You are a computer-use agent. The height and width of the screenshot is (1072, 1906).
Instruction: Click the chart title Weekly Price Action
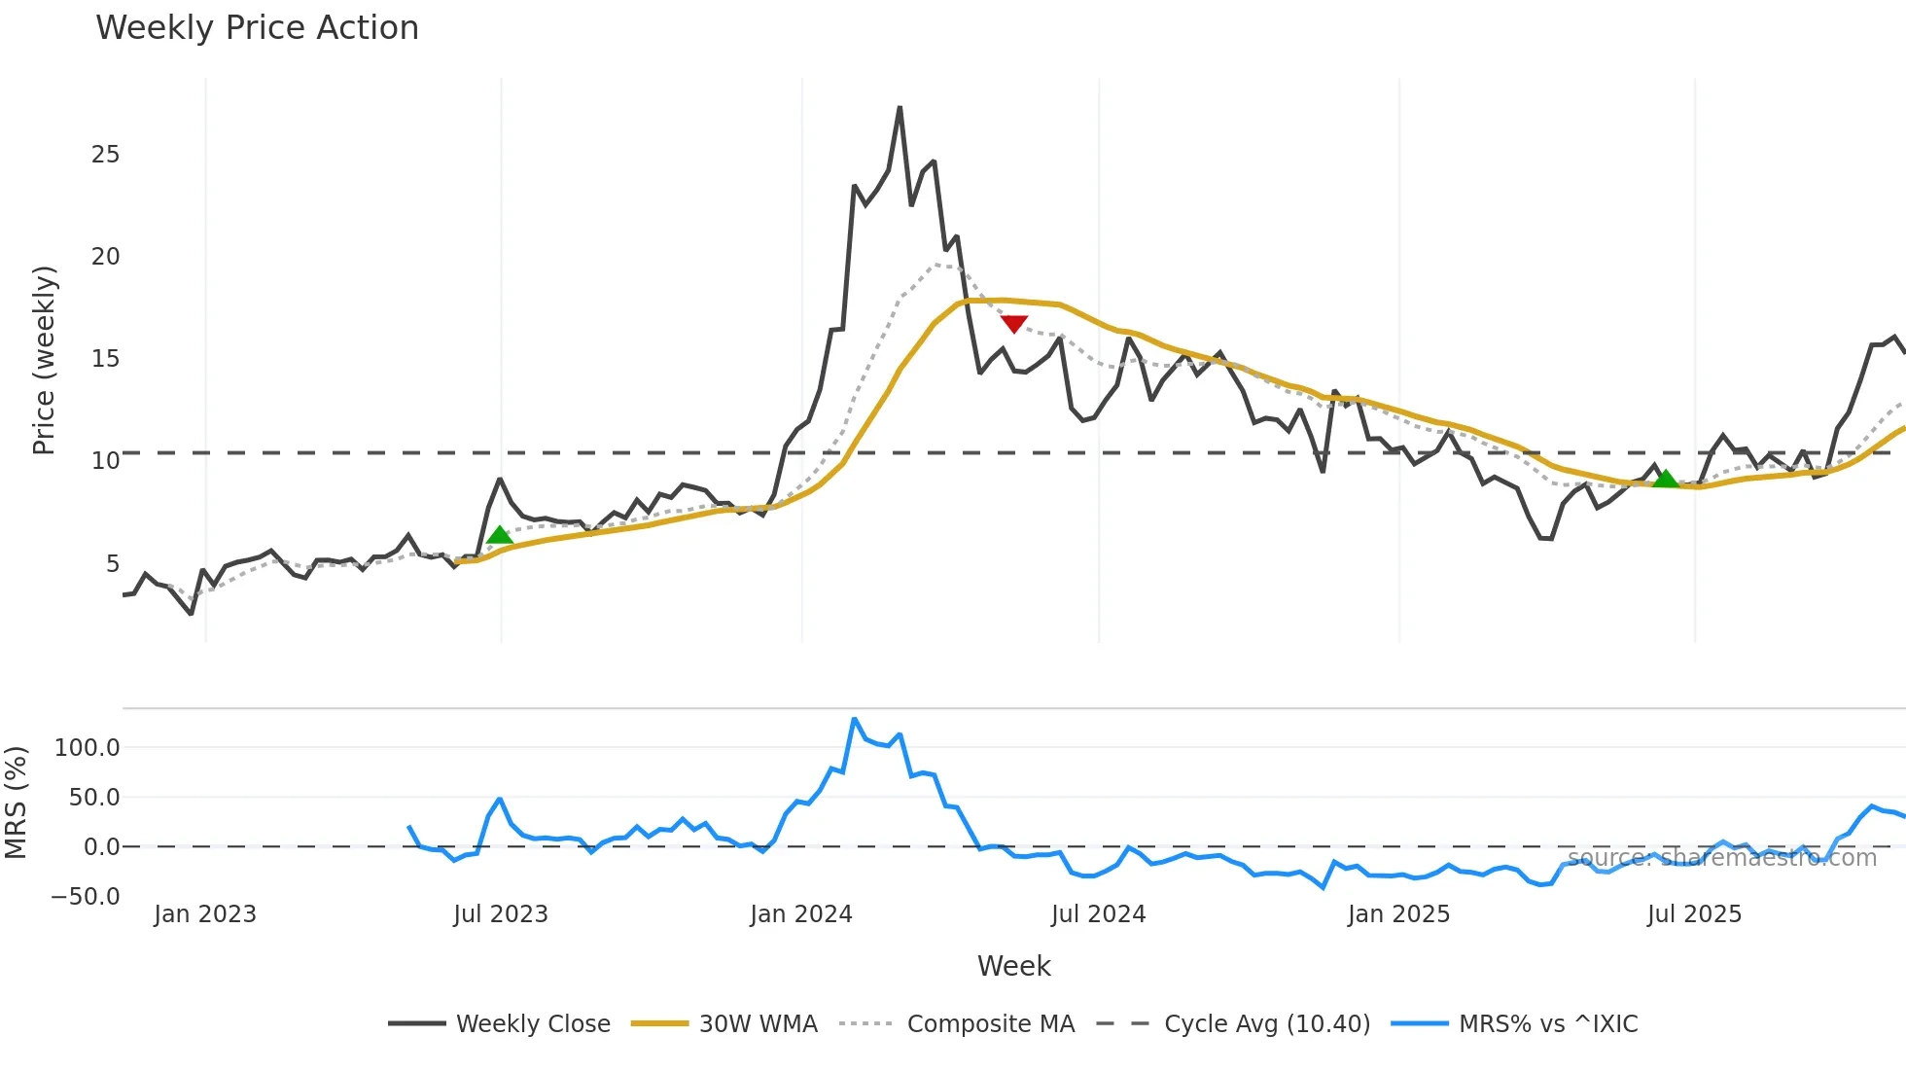pyautogui.click(x=257, y=28)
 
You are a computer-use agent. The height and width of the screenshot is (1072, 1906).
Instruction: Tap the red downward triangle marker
pyautogui.click(x=1013, y=324)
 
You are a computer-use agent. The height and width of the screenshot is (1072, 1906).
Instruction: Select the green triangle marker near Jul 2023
pyautogui.click(x=499, y=535)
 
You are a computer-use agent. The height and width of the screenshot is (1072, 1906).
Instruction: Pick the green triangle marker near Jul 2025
pyautogui.click(x=1666, y=479)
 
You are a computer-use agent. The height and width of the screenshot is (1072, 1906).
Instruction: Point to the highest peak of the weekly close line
pyautogui.click(x=900, y=108)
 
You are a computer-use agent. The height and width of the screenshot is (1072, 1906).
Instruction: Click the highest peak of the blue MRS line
pyautogui.click(x=854, y=720)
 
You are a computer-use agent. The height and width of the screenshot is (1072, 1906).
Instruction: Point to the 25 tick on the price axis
pyautogui.click(x=105, y=155)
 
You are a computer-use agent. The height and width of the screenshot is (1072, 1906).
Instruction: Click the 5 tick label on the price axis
pyautogui.click(x=113, y=564)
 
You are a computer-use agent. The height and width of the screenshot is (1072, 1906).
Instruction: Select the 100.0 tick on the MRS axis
pyautogui.click(x=87, y=748)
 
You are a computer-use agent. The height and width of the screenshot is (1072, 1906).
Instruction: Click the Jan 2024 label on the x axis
pyautogui.click(x=801, y=914)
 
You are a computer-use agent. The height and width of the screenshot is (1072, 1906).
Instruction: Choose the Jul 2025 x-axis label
pyautogui.click(x=1694, y=914)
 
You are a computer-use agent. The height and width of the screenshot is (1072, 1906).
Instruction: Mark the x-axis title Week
pyautogui.click(x=1013, y=966)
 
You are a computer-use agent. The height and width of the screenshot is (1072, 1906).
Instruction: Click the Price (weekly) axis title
pyautogui.click(x=44, y=360)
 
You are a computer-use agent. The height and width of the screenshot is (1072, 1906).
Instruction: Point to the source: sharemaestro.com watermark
pyautogui.click(x=1722, y=858)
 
